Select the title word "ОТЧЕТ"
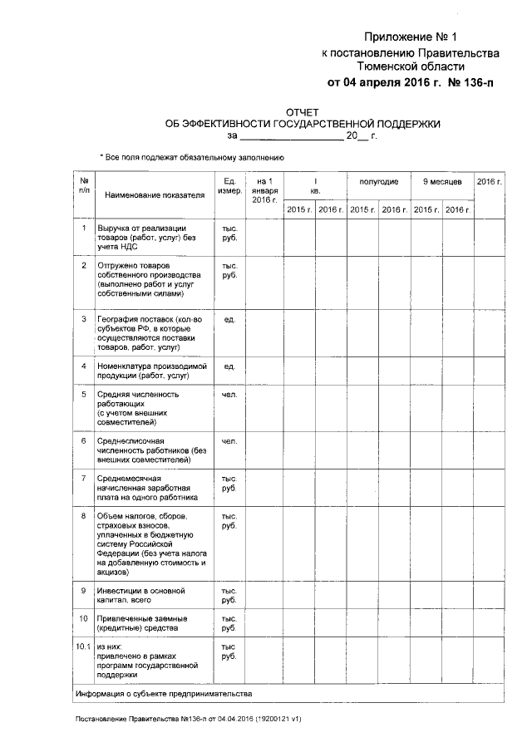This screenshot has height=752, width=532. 302,111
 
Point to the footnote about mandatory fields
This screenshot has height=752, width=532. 192,156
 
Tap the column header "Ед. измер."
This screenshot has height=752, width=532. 229,187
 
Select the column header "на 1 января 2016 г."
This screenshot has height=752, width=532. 264,190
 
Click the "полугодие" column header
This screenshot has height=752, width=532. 378,181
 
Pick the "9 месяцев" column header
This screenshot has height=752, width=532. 441,181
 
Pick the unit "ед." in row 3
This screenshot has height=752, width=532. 229,318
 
